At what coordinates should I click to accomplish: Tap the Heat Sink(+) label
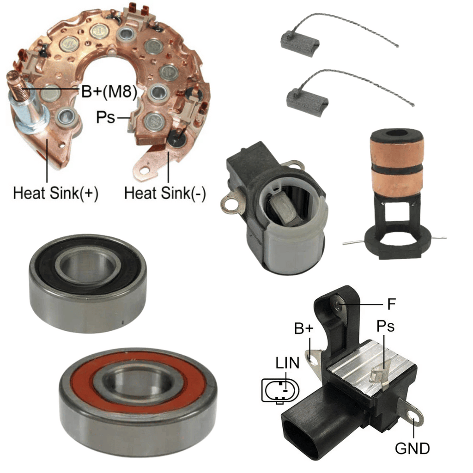(56, 193)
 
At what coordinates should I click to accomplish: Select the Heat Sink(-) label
(165, 193)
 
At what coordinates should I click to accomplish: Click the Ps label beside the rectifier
(106, 117)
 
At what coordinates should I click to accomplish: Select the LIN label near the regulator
(287, 363)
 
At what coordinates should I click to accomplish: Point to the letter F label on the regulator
(391, 304)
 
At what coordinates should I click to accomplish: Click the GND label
(412, 449)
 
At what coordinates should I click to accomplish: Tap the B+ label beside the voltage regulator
(304, 328)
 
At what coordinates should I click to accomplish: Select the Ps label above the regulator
(386, 326)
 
